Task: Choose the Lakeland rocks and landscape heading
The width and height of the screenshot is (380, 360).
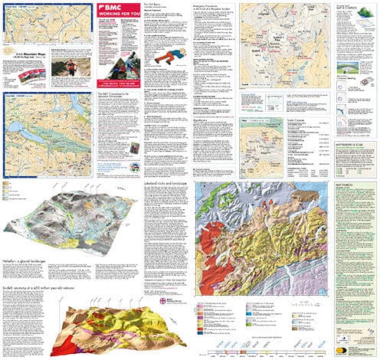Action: [169, 185]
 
